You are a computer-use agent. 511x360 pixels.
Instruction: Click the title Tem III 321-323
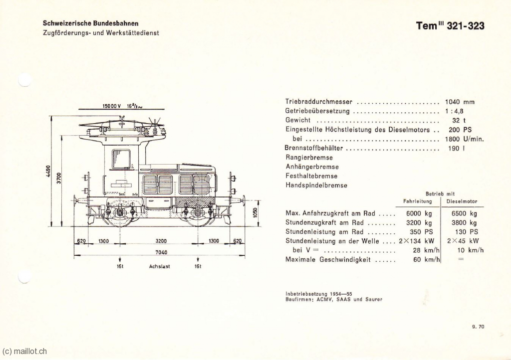tap(450, 26)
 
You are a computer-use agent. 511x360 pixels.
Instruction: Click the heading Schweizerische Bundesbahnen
tap(91, 23)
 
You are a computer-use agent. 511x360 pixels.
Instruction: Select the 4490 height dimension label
tap(48, 172)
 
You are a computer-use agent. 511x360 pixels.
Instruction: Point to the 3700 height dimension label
tap(59, 178)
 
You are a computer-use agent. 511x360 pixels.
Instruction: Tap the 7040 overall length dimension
tap(161, 252)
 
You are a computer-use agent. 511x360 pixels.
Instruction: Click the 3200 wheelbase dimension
tap(161, 241)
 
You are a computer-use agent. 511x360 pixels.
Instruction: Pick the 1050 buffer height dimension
tap(255, 213)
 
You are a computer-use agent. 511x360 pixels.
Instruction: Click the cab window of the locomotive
tap(121, 159)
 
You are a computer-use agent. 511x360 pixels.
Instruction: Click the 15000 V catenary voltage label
tap(112, 106)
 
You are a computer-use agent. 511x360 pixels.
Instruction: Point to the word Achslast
tap(160, 266)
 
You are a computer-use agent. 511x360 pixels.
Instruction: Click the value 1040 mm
tap(460, 102)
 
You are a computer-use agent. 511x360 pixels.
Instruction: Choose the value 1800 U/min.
tap(465, 139)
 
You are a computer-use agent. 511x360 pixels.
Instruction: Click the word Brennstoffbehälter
tap(314, 148)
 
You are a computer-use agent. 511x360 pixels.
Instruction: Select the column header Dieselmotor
tap(462, 201)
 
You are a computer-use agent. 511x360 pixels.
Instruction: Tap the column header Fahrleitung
tap(418, 201)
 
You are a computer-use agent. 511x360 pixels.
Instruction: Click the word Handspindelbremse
tap(316, 185)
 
